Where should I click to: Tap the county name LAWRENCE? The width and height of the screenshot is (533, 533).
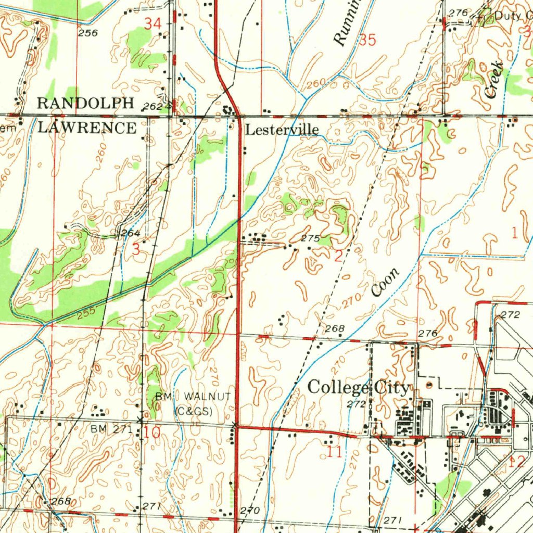click(86, 128)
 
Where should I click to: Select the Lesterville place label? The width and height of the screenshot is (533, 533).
click(282, 130)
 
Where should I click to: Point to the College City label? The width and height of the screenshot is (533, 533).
click(359, 388)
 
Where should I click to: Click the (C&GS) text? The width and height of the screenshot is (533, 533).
click(194, 411)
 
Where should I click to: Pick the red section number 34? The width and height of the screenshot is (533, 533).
click(153, 23)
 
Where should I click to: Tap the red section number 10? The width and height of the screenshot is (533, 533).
click(152, 432)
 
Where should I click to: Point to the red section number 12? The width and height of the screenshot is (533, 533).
click(518, 461)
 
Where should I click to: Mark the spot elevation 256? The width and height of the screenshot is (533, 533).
click(88, 33)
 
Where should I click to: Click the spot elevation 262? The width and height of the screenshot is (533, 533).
click(152, 106)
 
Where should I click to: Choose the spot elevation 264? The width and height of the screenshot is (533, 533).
click(130, 233)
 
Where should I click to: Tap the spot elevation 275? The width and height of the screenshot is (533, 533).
click(310, 238)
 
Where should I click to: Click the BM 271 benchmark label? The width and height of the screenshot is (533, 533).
click(111, 429)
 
